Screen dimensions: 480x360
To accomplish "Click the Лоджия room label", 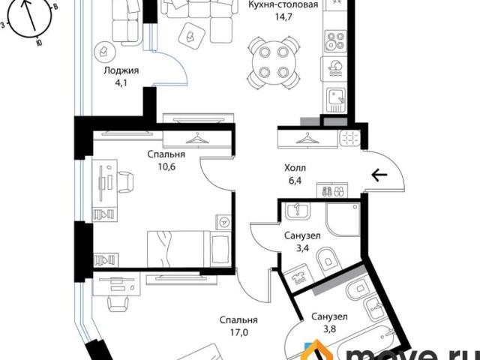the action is click(121, 70).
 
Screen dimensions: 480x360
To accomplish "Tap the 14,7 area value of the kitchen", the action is click(283, 16).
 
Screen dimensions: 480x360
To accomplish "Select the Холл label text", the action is click(295, 168).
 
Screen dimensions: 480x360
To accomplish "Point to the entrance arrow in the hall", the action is click(379, 175).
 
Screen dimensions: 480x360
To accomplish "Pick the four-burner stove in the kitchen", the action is click(335, 41).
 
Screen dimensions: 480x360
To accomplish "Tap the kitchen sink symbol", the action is click(336, 100).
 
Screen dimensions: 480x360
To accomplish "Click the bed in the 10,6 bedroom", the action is click(189, 249).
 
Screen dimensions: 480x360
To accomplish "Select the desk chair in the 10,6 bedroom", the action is click(125, 181).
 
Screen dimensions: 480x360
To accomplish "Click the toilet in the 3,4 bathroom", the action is click(327, 259).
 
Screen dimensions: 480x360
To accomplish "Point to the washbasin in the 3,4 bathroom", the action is click(298, 211).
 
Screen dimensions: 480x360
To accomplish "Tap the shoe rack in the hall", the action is click(332, 190).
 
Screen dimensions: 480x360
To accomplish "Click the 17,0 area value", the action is click(238, 332).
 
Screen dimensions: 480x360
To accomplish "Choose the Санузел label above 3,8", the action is click(329, 316).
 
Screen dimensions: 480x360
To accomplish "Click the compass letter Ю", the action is click(39, 43).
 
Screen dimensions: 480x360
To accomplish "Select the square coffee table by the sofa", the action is click(191, 36).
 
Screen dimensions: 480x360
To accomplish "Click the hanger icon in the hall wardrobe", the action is click(307, 139).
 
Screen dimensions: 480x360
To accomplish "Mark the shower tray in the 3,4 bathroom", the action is click(343, 219).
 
